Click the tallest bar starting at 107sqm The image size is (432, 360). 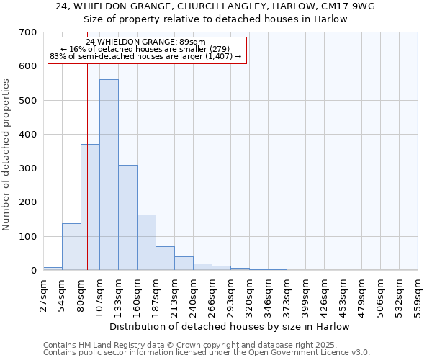(109, 175)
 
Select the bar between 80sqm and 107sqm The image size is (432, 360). (90, 207)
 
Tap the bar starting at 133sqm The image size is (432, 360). (127, 217)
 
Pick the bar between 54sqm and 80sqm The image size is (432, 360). (71, 247)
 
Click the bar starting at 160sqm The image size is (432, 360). (146, 242)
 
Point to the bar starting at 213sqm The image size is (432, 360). (184, 264)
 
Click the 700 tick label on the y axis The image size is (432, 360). (28, 32)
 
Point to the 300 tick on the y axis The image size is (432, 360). (28, 168)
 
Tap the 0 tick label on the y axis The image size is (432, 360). (33, 271)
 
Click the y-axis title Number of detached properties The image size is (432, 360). (8, 155)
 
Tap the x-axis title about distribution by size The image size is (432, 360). (230, 326)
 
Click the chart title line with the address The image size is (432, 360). (216, 6)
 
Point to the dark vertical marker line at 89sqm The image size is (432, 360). (87, 180)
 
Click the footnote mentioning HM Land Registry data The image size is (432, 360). (205, 345)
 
